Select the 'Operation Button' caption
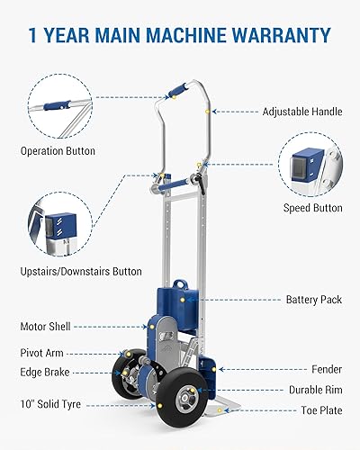(57, 151)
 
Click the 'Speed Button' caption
(313, 208)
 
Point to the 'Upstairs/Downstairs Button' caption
(82, 271)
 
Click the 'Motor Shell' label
(45, 327)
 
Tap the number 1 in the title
(32, 36)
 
